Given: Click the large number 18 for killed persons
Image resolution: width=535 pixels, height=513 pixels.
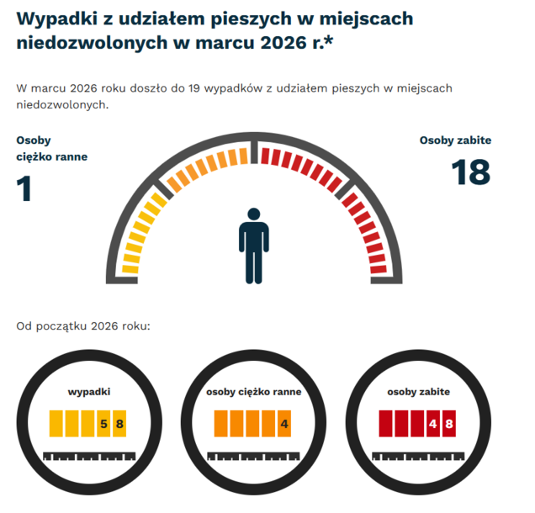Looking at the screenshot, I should click(x=470, y=172).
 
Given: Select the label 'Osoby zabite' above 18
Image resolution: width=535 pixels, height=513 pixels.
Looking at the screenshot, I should click(x=455, y=140).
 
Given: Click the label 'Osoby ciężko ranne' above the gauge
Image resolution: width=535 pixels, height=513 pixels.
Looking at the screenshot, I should click(x=50, y=148).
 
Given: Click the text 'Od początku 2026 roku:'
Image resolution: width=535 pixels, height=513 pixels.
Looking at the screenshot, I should click(x=82, y=325).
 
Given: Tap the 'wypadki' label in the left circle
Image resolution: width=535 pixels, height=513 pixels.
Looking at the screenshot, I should click(x=89, y=391).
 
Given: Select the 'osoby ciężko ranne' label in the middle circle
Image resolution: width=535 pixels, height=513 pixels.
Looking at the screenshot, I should click(x=253, y=391).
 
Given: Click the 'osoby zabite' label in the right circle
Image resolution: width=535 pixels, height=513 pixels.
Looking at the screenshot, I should click(x=418, y=391).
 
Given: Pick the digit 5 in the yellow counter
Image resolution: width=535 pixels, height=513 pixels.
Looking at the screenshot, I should click(x=103, y=423).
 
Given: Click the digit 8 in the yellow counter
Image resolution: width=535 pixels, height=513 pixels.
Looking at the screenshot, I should click(x=119, y=423).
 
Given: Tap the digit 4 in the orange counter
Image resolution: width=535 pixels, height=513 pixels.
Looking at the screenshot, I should click(x=284, y=423).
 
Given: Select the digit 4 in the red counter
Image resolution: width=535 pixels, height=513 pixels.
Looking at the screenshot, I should click(x=432, y=423).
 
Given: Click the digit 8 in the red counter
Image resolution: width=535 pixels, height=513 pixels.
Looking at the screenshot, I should click(x=449, y=423).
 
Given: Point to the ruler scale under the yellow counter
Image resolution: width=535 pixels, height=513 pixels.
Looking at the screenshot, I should click(x=88, y=457).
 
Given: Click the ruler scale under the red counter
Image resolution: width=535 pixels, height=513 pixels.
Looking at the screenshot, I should click(x=418, y=457).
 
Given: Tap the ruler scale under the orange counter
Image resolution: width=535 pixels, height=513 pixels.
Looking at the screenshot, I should click(x=253, y=457).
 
